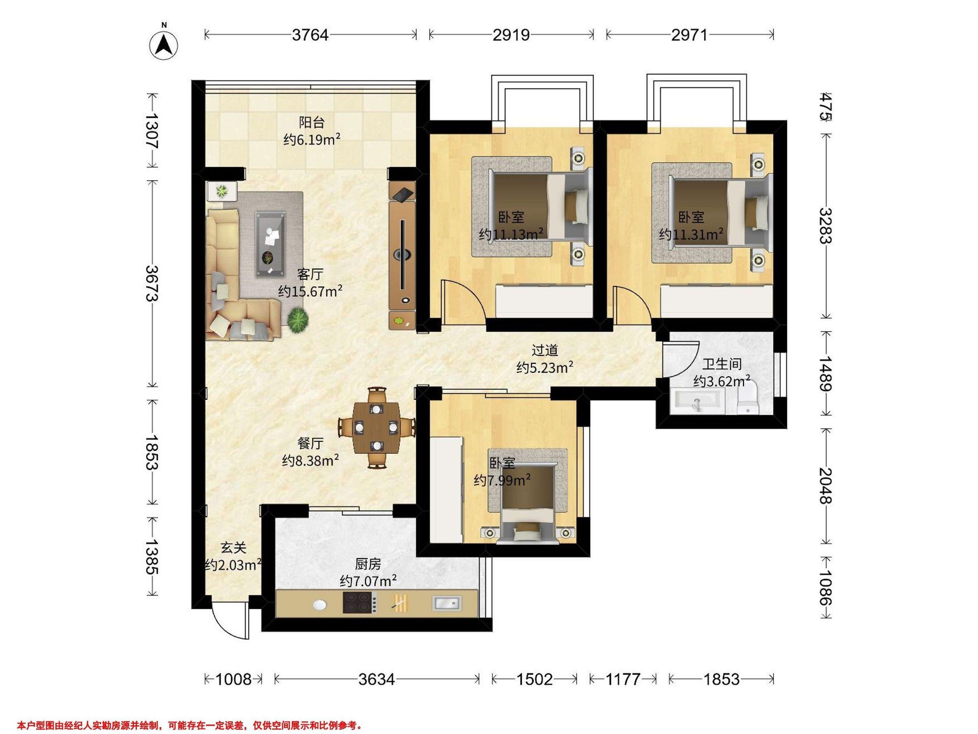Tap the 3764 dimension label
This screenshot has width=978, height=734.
coord(310,35)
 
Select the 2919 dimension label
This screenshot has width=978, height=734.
coord(511,35)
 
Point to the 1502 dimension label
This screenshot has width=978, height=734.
coord(535,679)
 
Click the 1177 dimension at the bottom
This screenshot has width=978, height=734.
coord(623,679)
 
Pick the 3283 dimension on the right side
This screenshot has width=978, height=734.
coord(825,226)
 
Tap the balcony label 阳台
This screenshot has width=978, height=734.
coord(312,122)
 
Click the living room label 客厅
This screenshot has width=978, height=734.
coord(310,274)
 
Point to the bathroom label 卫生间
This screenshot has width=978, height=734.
coord(722,364)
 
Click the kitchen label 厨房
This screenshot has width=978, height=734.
coord(368,564)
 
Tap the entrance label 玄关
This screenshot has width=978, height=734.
coord(233,548)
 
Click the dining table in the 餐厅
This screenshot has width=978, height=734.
coord(376,427)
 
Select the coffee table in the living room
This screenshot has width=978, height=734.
coord(270,244)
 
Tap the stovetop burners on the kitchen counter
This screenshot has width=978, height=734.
coord(359,603)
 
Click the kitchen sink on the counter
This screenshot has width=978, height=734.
coord(447,603)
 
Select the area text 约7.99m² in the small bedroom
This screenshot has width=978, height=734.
coord(502,480)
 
